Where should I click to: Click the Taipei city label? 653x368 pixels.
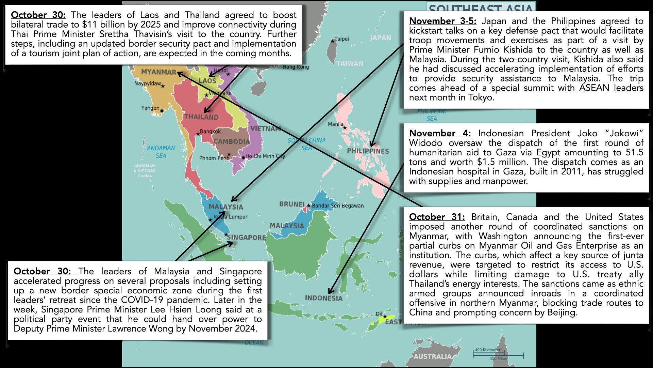tap(341, 39)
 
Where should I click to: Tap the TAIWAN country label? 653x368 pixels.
tap(350, 63)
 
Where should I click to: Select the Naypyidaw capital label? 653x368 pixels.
tap(148, 83)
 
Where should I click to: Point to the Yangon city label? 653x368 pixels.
tap(150, 108)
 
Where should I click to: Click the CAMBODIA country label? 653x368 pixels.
tap(232, 141)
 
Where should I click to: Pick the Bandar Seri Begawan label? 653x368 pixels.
tap(338, 206)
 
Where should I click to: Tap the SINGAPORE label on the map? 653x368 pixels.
tap(247, 237)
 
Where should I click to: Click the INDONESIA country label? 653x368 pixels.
tap(324, 298)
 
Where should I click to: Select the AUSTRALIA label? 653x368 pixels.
tap(432, 356)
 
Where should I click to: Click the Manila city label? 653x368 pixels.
tap(336, 124)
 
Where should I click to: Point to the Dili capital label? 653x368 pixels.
tap(380, 314)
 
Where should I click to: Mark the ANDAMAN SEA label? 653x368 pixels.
tap(161, 152)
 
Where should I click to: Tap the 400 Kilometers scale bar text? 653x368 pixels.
tap(488, 350)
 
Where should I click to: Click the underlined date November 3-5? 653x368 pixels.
tap(442, 21)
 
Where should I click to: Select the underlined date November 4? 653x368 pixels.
tap(440, 133)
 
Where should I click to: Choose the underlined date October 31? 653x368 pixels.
tap(437, 217)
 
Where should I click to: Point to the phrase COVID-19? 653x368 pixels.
tap(143, 300)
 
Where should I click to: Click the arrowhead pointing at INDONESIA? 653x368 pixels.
tap(330, 292)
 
